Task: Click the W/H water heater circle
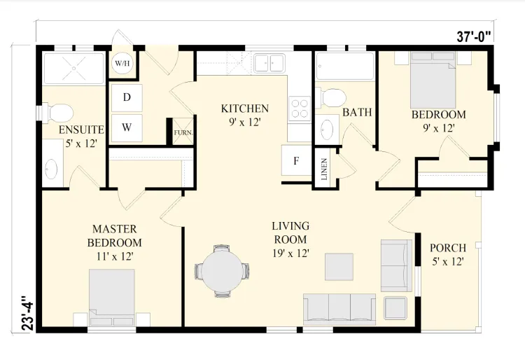[122, 63]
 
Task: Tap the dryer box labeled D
[127, 97]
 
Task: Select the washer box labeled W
[127, 127]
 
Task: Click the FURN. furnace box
[183, 132]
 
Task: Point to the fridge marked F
[296, 160]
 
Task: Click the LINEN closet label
[324, 169]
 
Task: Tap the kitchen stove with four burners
[300, 108]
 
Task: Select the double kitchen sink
[269, 63]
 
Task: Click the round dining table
[222, 270]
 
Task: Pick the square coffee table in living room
[339, 267]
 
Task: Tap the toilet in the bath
[331, 98]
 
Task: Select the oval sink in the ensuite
[51, 169]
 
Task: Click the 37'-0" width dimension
[475, 36]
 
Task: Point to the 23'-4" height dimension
[28, 313]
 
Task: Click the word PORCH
[448, 248]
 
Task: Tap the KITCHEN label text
[245, 109]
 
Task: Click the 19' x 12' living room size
[290, 253]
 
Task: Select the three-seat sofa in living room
[339, 309]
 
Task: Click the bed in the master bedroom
[112, 298]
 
